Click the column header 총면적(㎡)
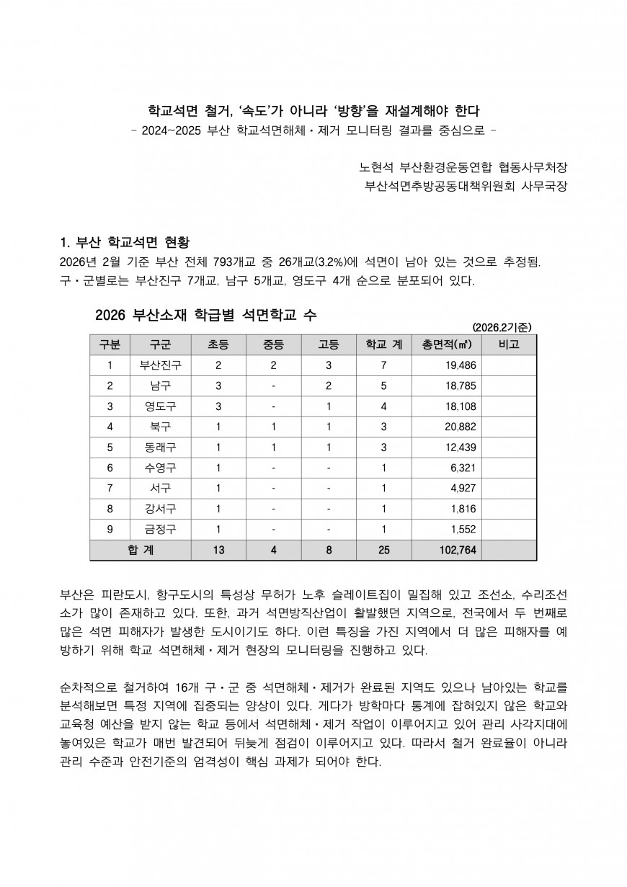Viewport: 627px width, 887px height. [447, 344]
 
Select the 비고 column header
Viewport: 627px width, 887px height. [509, 344]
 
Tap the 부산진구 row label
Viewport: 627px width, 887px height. [161, 365]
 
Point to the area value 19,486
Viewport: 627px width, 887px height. [461, 365]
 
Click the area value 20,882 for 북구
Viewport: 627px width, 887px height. [461, 427]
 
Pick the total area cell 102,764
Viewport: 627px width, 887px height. [458, 551]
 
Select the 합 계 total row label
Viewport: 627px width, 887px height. [141, 551]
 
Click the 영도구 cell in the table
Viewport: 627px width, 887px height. [161, 406]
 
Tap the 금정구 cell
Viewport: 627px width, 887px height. [161, 530]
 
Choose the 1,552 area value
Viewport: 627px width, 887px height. [463, 530]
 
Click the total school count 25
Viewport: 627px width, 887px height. [383, 551]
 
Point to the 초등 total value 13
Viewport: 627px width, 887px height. [218, 551]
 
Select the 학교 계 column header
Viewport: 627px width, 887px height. [383, 344]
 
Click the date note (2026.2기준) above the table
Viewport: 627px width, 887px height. [502, 326]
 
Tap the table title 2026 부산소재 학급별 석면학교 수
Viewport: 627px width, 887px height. [205, 315]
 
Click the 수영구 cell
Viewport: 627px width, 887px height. [161, 468]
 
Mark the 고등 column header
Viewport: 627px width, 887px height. [329, 344]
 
